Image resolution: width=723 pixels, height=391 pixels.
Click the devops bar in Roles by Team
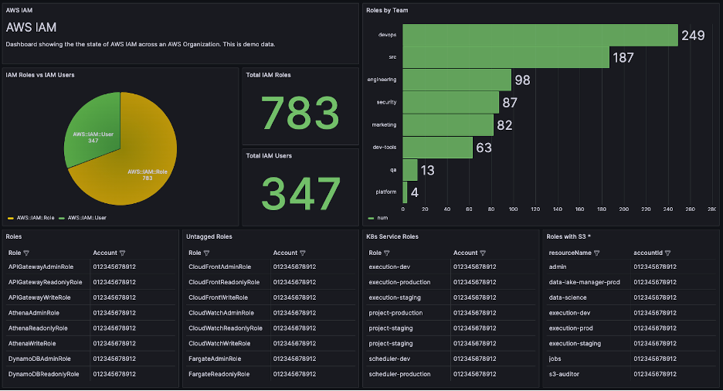click(x=540, y=35)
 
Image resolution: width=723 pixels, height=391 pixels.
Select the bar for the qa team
click(x=410, y=169)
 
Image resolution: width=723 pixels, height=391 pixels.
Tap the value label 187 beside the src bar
click(x=623, y=58)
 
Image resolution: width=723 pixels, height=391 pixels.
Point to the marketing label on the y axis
click(x=384, y=124)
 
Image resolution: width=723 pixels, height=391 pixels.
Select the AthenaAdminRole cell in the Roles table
click(x=34, y=313)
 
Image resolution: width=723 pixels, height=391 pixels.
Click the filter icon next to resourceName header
click(x=596, y=253)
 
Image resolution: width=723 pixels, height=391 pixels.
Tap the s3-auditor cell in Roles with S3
click(x=565, y=374)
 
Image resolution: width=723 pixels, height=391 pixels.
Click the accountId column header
click(x=648, y=253)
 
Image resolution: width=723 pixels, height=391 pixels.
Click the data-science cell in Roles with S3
click(x=568, y=297)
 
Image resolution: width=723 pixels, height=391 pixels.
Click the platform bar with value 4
click(x=405, y=192)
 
